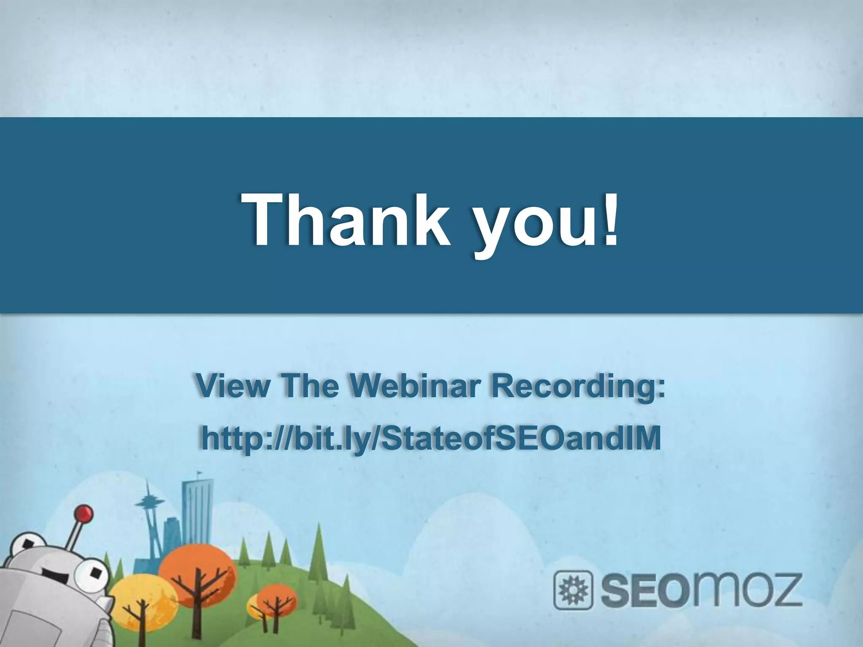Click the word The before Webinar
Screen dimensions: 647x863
coord(311,386)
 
